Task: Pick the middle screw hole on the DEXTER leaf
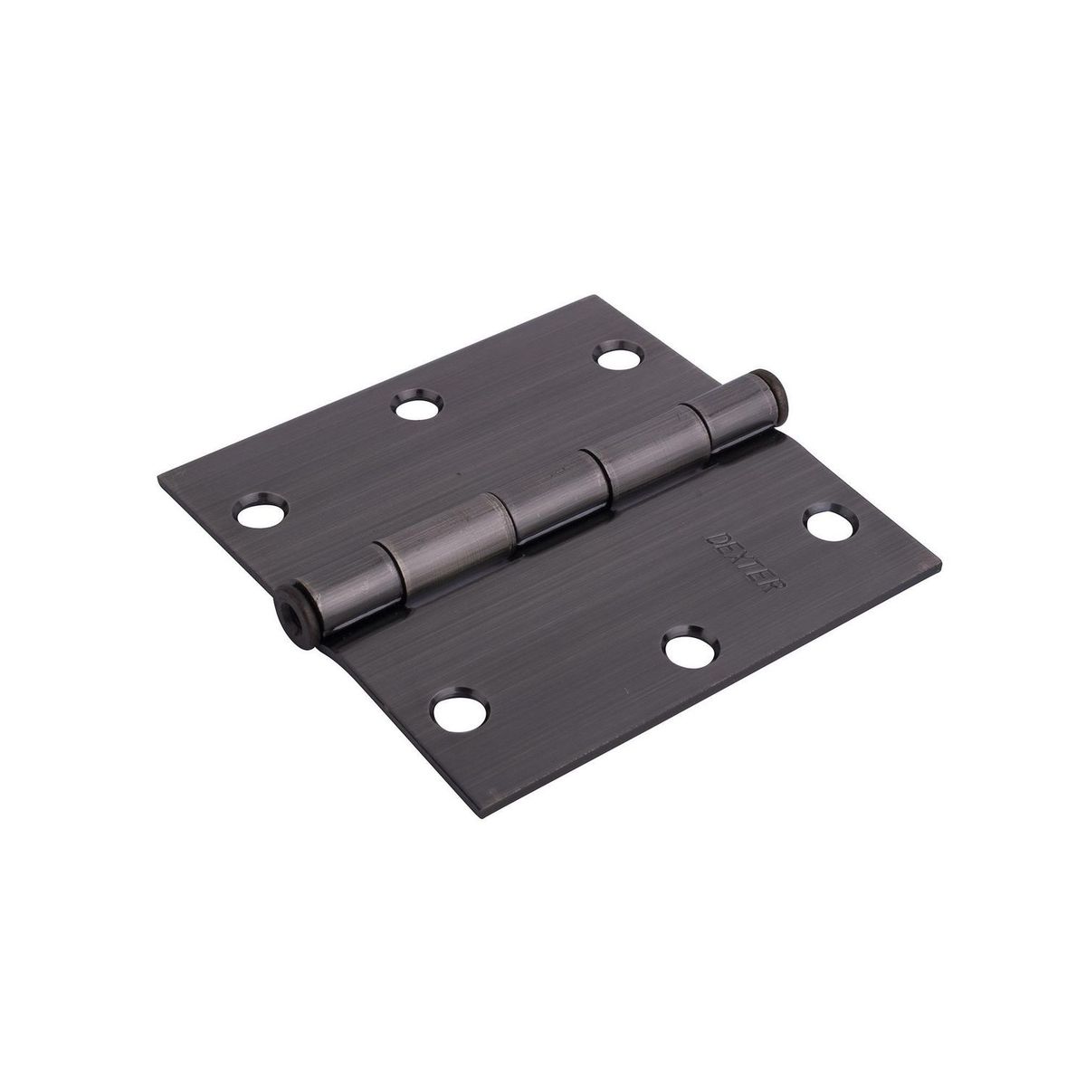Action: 685,650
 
